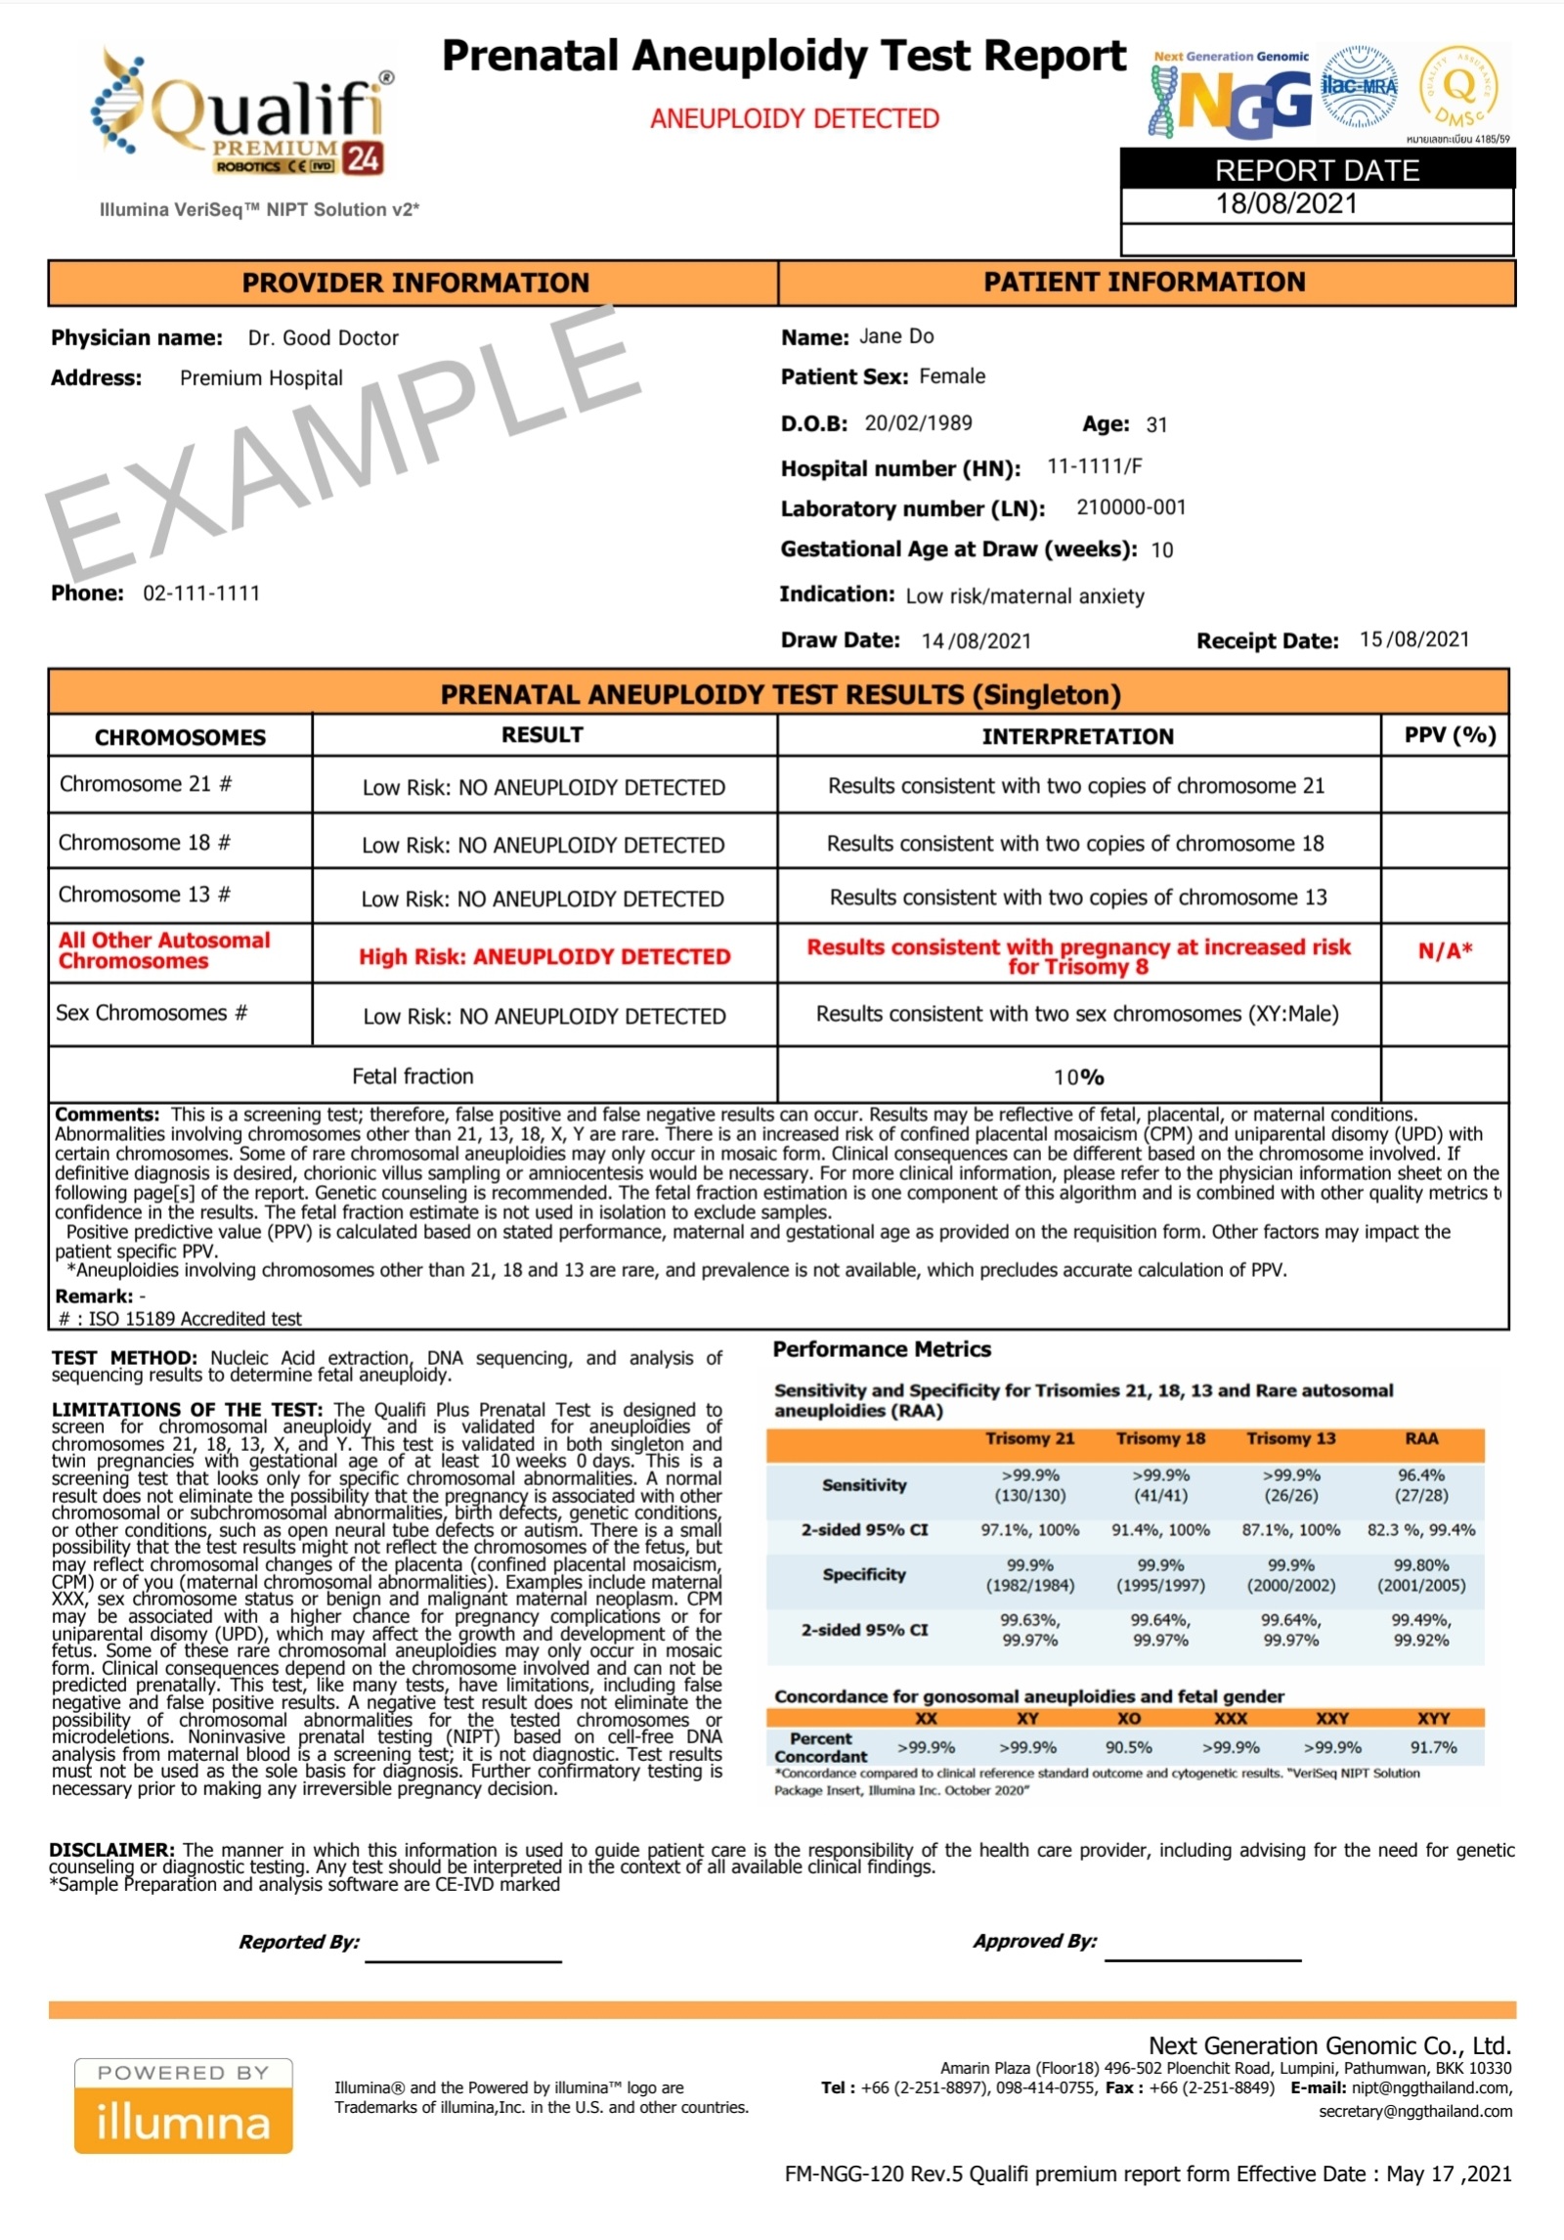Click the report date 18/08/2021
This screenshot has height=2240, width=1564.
[1286, 204]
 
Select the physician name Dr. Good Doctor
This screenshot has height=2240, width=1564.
[323, 338]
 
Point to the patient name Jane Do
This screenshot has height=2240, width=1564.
[896, 336]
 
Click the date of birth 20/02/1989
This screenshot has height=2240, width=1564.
[918, 423]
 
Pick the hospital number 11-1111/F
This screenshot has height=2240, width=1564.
[1094, 466]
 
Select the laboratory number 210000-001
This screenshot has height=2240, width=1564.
[1131, 507]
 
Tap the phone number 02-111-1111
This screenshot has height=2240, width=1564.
[201, 593]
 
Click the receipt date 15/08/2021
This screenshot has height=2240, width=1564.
[1414, 639]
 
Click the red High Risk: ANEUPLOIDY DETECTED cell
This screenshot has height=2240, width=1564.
[544, 956]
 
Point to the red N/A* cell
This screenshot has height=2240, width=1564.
[1445, 950]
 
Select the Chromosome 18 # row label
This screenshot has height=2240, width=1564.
[145, 843]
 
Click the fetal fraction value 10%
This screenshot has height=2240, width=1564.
[1078, 1076]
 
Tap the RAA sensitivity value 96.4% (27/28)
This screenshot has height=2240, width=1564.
[1421, 1484]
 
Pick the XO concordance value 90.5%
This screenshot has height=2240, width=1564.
[1128, 1747]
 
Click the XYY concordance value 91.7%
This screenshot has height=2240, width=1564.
[1433, 1747]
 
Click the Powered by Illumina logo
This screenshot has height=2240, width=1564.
[184, 2105]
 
